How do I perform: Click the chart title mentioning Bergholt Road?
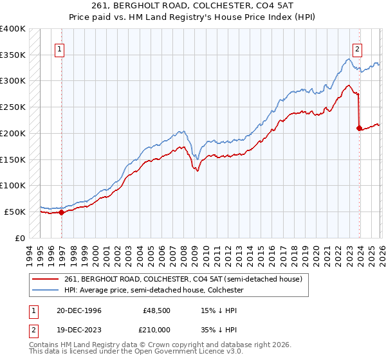point(193,6)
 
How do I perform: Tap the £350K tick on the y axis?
point(13,55)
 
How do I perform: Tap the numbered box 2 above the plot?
point(357,48)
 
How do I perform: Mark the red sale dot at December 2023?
point(359,128)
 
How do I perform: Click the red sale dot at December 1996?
point(62,212)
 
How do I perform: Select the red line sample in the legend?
point(46,279)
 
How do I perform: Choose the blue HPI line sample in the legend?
point(46,291)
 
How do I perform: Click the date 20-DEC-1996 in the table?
point(75,310)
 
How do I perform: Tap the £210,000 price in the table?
point(157,328)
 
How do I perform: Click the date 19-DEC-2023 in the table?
point(75,328)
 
